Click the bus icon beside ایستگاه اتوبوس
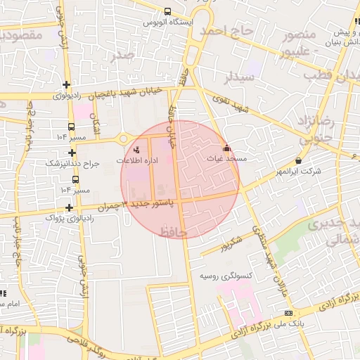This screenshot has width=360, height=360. [x=167, y=11]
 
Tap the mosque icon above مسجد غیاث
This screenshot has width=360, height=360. [x=226, y=148]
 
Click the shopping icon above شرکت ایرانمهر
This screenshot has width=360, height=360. [x=300, y=160]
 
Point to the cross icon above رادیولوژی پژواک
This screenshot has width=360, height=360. [x=69, y=207]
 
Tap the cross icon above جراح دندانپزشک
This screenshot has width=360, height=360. [x=72, y=153]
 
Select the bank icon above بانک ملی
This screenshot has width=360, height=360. [x=287, y=313]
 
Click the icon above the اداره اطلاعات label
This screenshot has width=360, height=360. [x=137, y=149]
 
